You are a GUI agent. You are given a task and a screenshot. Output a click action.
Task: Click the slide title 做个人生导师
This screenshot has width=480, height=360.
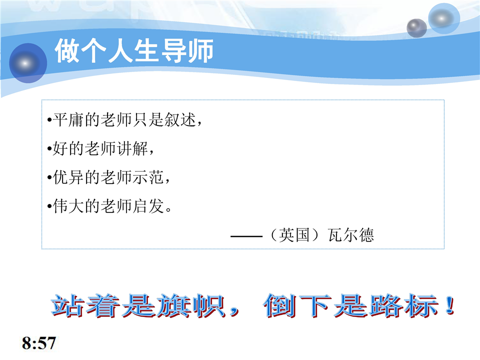134,51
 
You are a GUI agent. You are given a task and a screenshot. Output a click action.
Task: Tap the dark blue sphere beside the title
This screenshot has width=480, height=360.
28,63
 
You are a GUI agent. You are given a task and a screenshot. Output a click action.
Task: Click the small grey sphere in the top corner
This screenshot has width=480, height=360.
416,28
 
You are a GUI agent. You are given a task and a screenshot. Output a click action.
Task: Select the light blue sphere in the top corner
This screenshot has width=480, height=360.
444,18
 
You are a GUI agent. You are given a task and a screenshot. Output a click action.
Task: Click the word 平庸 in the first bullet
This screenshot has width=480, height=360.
68,119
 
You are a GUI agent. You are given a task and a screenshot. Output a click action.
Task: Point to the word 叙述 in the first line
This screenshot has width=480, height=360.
180,119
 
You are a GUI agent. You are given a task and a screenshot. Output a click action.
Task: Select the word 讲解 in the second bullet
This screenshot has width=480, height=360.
132,148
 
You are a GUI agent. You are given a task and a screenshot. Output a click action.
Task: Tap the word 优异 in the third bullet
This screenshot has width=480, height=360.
68,177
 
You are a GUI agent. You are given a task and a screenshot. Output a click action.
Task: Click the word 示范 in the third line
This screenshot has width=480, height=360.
148,177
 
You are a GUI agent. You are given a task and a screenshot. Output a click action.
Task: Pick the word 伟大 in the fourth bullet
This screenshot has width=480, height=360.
68,206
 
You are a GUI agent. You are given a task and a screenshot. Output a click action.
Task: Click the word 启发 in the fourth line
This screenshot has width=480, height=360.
148,206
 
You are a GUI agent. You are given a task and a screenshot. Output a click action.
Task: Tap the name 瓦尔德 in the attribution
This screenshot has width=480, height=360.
351,235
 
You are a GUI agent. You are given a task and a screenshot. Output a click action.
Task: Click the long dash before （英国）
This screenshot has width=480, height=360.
246,236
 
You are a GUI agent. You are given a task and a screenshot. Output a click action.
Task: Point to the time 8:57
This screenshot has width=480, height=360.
39,343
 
